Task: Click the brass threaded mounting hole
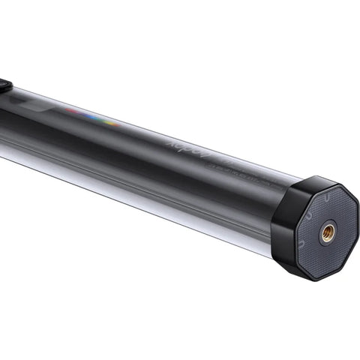(328, 232)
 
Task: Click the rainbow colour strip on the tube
(94, 116)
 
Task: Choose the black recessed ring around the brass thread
(328, 241)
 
